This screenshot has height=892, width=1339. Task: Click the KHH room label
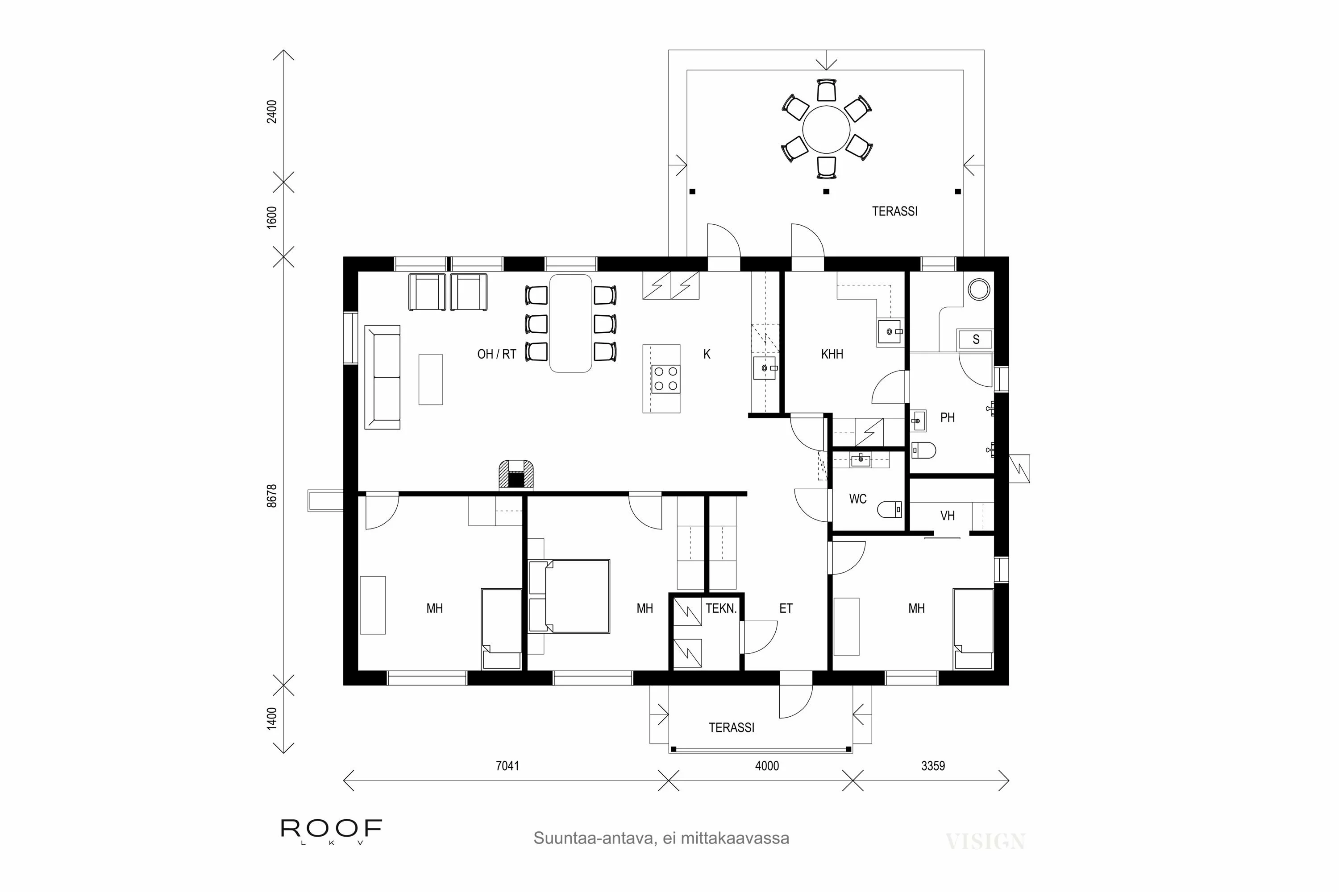click(832, 355)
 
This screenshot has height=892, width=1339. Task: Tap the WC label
click(857, 499)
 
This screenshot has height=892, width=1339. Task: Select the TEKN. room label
click(721, 609)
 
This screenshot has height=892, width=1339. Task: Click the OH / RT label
click(496, 355)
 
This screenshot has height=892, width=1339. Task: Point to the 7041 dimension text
click(507, 766)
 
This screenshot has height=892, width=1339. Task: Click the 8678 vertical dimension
click(272, 496)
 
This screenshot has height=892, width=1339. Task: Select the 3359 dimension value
click(932, 766)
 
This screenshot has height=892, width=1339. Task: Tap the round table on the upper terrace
click(826, 129)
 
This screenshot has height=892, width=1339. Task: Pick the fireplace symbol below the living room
click(516, 475)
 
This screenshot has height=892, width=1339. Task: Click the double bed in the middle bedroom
click(570, 596)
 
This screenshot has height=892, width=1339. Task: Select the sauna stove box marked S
click(976, 339)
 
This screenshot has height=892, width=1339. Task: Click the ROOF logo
click(331, 829)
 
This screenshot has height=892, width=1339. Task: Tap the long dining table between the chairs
click(570, 323)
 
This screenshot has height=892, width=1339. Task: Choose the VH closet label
click(947, 516)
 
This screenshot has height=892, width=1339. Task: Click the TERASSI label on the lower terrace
click(732, 727)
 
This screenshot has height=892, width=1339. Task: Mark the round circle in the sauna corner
click(979, 289)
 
